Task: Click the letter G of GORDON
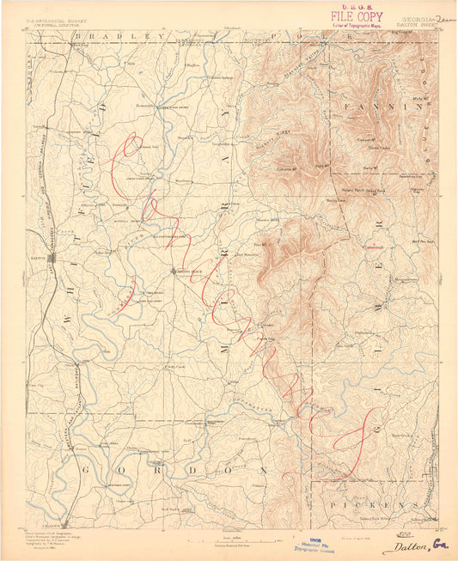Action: (86, 470)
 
